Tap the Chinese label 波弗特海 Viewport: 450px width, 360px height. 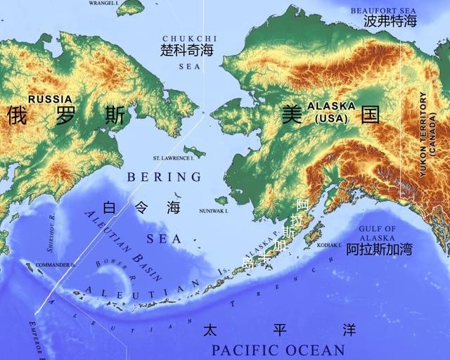click(x=390, y=22)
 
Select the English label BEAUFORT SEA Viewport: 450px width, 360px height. click(x=385, y=10)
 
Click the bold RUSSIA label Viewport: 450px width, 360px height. click(x=50, y=99)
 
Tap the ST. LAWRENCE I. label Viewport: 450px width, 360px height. click(x=173, y=159)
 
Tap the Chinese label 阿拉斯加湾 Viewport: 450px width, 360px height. click(x=379, y=250)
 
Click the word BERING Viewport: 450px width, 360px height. click(x=164, y=177)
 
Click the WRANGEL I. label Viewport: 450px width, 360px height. click(x=103, y=3)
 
